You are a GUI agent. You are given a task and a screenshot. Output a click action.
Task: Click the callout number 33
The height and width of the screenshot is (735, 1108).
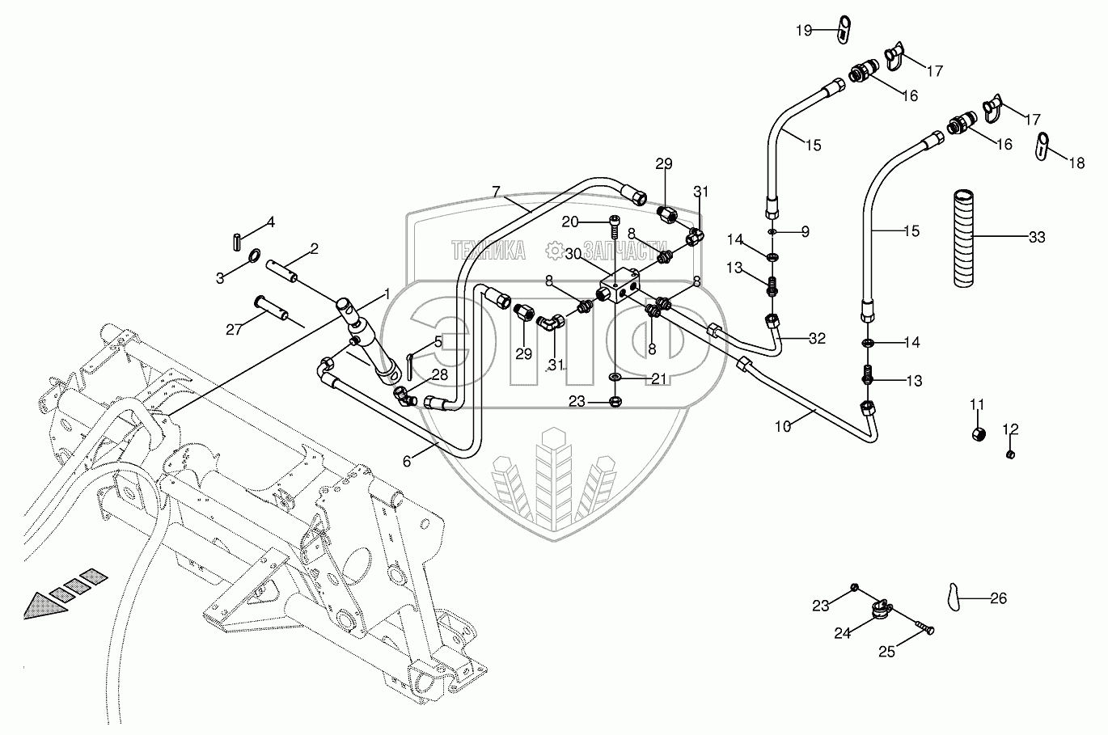point(1037,238)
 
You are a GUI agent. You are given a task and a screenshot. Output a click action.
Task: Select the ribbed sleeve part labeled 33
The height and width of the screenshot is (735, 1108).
point(963,238)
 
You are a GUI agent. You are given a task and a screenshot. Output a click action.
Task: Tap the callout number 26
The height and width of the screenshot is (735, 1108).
point(999,598)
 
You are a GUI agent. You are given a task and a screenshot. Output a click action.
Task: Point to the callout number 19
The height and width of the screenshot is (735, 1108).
point(803,31)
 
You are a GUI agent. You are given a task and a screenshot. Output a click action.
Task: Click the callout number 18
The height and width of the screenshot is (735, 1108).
point(1076,163)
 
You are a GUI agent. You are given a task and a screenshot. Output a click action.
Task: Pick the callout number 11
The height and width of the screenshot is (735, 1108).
point(977,404)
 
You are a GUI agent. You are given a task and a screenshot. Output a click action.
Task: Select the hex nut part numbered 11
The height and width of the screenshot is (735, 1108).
point(978,434)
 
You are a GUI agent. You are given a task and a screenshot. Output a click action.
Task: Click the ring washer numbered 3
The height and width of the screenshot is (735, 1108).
point(254,258)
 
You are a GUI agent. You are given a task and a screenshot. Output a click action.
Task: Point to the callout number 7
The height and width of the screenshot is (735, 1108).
point(497,192)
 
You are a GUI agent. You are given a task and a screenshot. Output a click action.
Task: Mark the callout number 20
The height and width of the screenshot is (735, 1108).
point(593,222)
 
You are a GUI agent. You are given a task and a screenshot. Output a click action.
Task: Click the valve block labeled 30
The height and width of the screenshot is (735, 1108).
point(620,287)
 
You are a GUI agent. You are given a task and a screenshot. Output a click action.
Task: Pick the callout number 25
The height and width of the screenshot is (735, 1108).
point(887,652)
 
